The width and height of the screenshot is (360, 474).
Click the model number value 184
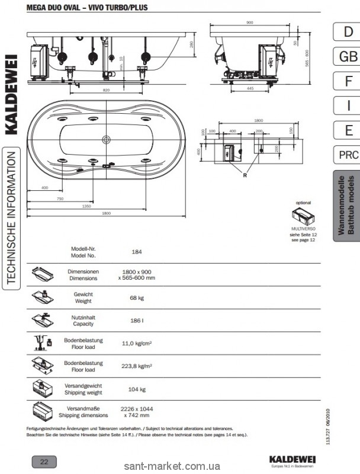pos(137,251)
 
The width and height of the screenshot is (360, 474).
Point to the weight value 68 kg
pos(137,298)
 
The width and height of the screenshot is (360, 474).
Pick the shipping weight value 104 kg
pos(137,389)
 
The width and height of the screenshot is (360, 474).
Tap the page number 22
pos(44,462)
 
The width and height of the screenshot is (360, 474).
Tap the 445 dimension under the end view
pos(250,88)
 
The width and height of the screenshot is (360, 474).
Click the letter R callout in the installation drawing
pos(243,175)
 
